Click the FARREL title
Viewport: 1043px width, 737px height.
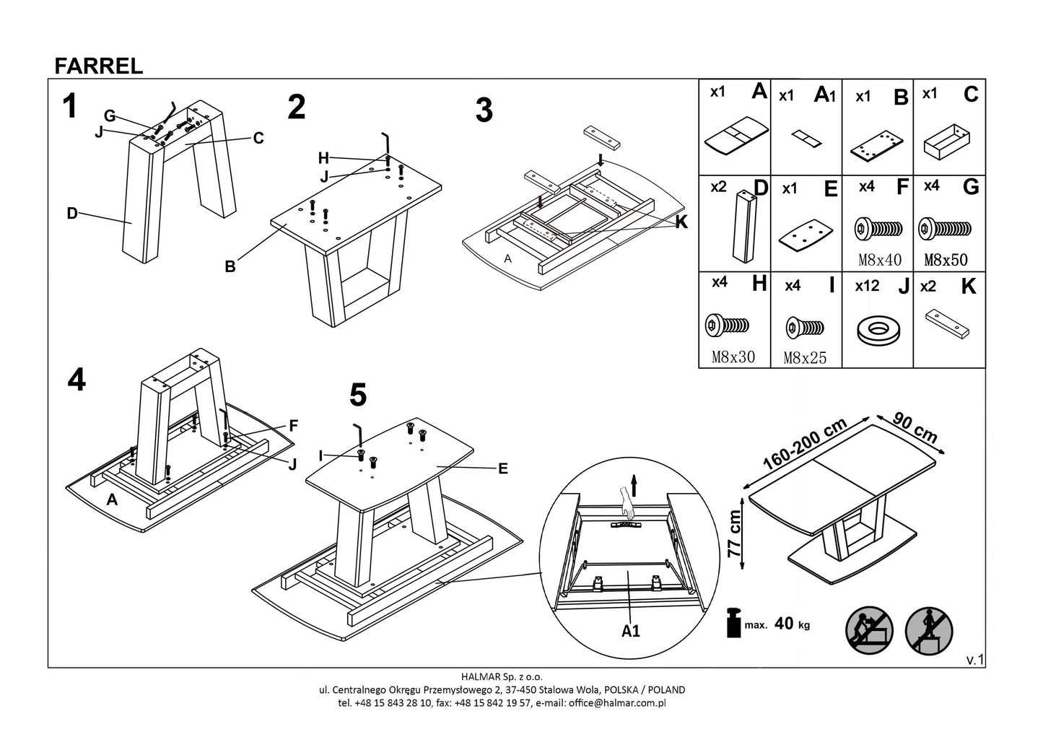99,66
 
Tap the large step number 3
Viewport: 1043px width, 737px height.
484,110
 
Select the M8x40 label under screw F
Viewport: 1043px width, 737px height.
879,260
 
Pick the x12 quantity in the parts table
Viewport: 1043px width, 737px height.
867,286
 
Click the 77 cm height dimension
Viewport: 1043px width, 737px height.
735,533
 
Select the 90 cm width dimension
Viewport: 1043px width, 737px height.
915,428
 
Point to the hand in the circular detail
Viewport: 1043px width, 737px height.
626,500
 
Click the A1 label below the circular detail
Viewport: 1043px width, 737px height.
630,631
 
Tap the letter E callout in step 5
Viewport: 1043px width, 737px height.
502,469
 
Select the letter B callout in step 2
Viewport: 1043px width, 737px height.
230,267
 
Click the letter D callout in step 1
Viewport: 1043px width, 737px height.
71,214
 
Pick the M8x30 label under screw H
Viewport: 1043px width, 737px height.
733,357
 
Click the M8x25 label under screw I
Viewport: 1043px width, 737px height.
806,357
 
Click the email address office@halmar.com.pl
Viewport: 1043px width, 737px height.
616,702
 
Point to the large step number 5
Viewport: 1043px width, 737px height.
357,395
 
